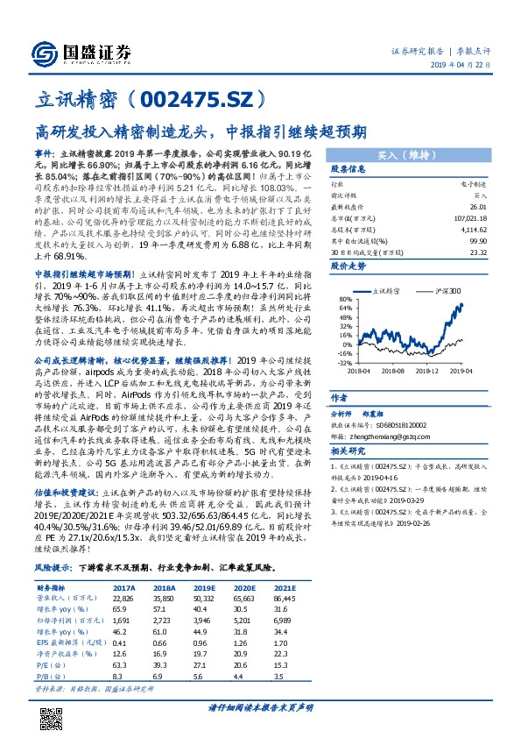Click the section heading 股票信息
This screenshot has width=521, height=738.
(345, 170)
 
